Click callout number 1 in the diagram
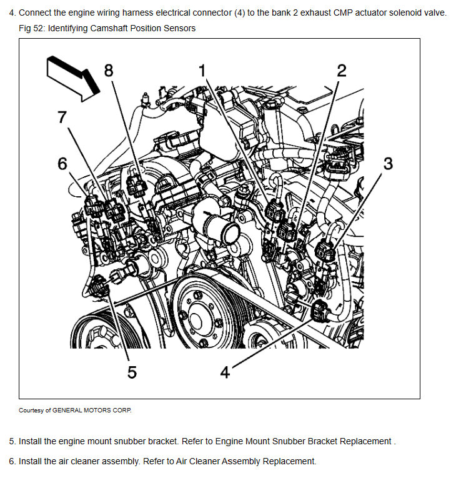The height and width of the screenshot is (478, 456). tap(202, 71)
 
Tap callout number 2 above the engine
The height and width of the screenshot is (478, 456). tap(342, 71)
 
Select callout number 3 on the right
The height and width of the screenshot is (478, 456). tap(388, 164)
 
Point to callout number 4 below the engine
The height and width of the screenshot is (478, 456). tap(226, 372)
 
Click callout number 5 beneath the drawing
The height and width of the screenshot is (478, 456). tap(132, 372)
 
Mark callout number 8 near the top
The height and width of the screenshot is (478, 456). tap(109, 71)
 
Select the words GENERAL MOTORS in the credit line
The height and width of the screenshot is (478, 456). tap(81, 411)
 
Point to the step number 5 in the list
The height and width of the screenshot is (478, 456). tap(12, 441)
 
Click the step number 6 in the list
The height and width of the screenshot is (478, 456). tap(12, 461)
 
